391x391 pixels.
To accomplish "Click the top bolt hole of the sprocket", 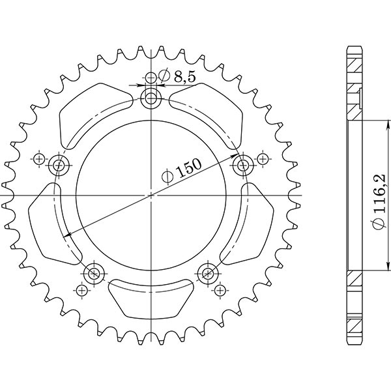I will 151,99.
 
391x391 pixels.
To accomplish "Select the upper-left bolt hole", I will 61,164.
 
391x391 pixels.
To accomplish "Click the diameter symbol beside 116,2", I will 379,225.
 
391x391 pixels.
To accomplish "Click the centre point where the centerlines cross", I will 151,195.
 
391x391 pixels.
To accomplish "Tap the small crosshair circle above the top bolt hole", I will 151,78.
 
